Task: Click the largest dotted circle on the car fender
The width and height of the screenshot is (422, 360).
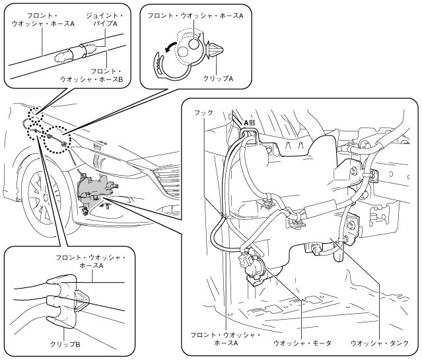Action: (55, 138)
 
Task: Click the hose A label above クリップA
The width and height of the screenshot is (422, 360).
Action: (191, 15)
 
